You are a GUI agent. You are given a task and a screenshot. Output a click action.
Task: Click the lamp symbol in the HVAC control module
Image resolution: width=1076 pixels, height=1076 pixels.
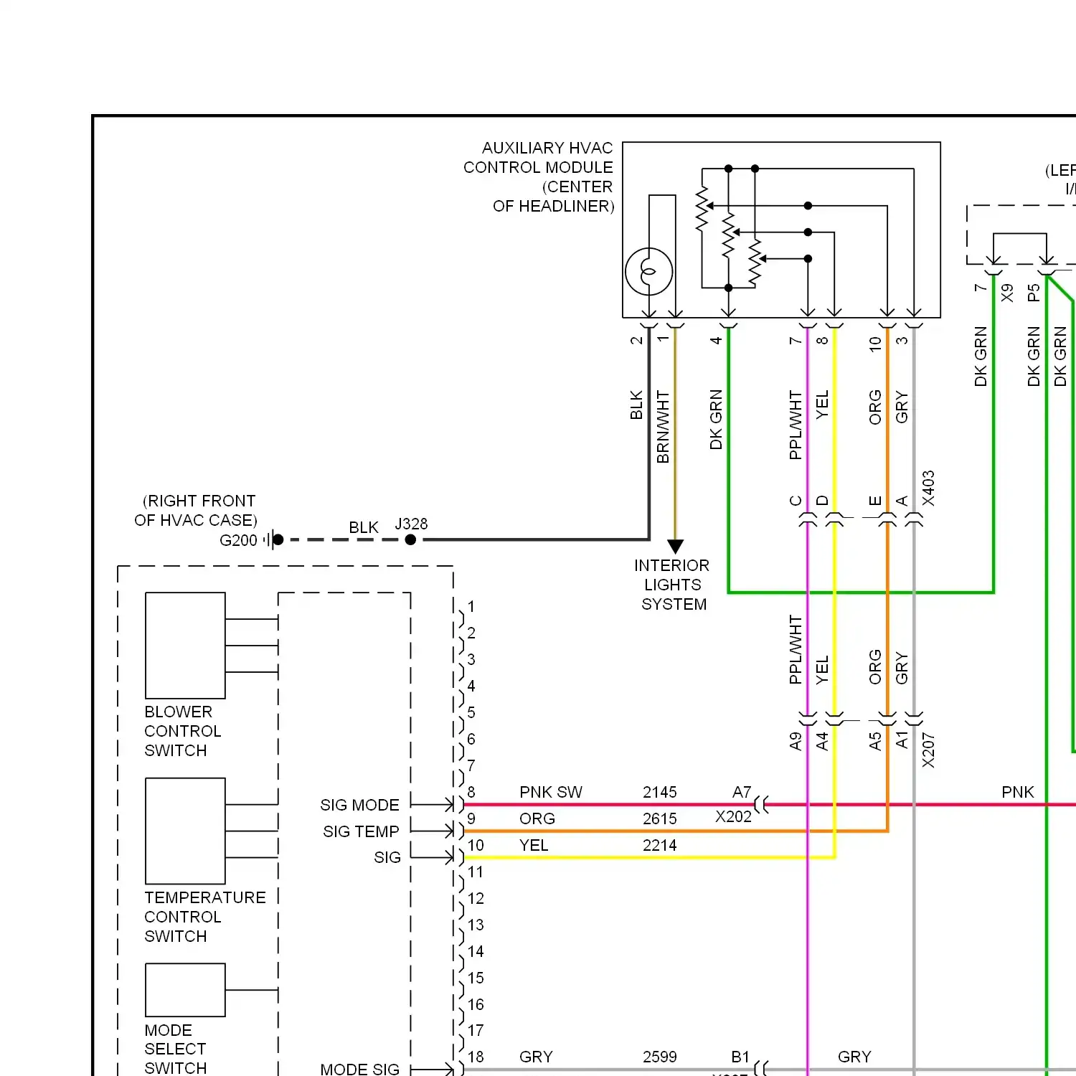click(x=648, y=272)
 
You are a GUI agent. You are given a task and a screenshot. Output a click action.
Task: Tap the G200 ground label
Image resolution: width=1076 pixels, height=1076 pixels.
click(x=238, y=540)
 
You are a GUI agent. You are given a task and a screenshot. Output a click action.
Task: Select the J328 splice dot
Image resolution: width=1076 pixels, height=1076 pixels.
click(x=410, y=539)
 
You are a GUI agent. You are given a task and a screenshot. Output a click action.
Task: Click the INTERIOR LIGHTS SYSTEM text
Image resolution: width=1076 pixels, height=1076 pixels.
click(x=672, y=585)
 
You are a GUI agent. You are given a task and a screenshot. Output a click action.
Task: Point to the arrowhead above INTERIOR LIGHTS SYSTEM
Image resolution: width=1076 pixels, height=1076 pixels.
click(x=675, y=547)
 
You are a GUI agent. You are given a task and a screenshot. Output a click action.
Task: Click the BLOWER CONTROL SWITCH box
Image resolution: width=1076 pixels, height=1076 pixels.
click(x=185, y=645)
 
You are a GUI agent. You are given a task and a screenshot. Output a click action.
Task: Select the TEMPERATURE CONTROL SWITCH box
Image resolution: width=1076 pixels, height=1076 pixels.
click(x=185, y=831)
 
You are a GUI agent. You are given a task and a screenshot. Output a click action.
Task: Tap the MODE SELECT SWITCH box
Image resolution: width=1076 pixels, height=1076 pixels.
click(x=185, y=989)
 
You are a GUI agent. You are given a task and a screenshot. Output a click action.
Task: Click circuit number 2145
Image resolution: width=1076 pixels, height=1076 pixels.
click(x=659, y=792)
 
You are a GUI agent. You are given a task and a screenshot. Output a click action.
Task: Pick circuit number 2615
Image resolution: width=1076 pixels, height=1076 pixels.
click(x=659, y=818)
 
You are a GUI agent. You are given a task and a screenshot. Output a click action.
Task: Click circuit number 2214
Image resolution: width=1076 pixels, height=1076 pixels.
click(x=659, y=845)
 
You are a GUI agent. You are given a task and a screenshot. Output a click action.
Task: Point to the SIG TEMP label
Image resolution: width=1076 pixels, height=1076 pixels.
click(x=361, y=831)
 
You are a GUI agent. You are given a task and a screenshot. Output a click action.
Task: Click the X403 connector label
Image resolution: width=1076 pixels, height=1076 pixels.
click(x=928, y=488)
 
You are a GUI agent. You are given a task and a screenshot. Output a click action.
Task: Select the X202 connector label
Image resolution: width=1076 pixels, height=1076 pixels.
click(x=733, y=817)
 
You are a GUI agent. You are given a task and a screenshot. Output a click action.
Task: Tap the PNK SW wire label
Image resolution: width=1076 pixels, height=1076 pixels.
click(x=550, y=792)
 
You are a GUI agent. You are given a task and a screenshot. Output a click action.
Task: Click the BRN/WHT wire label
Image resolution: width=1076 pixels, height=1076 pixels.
click(x=663, y=427)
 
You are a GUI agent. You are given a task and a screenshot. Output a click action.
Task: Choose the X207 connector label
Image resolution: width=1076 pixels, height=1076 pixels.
click(x=928, y=750)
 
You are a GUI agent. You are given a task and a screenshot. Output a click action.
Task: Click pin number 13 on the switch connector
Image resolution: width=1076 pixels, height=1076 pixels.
click(x=476, y=925)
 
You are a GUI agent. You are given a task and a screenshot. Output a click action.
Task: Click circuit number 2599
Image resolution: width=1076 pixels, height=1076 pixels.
click(x=659, y=1057)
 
